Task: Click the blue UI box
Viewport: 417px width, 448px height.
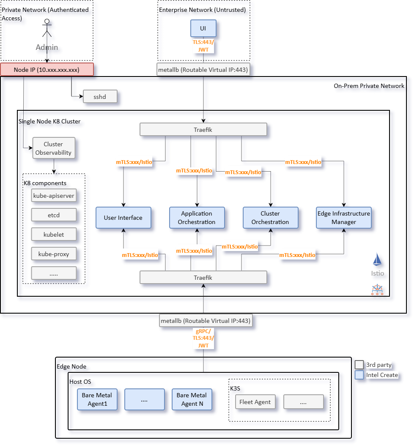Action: click(x=203, y=28)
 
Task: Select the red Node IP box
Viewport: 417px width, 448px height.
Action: click(x=47, y=70)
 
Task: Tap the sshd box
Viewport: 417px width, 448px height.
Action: click(x=100, y=97)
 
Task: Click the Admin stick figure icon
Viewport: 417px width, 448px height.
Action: click(x=47, y=28)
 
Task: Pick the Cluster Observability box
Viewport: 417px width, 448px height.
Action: click(x=53, y=148)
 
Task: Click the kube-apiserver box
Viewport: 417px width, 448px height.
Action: click(x=54, y=196)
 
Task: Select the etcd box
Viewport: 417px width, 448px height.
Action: click(x=54, y=215)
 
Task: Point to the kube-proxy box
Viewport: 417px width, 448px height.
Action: click(x=54, y=254)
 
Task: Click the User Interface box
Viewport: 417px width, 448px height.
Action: click(x=123, y=218)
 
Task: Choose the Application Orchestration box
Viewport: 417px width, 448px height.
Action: click(x=197, y=218)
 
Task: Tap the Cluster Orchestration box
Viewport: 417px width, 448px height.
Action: click(x=270, y=218)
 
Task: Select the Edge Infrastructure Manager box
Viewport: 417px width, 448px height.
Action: click(x=344, y=218)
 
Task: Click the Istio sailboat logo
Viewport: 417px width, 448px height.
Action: click(x=378, y=260)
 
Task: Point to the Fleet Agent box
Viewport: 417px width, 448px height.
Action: click(x=255, y=402)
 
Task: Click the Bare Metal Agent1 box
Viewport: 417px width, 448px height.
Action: click(x=97, y=399)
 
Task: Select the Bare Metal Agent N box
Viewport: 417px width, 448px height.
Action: click(x=192, y=399)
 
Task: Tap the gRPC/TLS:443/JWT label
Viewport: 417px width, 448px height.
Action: click(x=203, y=338)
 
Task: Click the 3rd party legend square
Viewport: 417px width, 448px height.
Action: click(x=359, y=365)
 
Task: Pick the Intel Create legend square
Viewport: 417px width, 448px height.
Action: click(x=359, y=375)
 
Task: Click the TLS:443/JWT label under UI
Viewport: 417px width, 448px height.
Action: click(x=203, y=46)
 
